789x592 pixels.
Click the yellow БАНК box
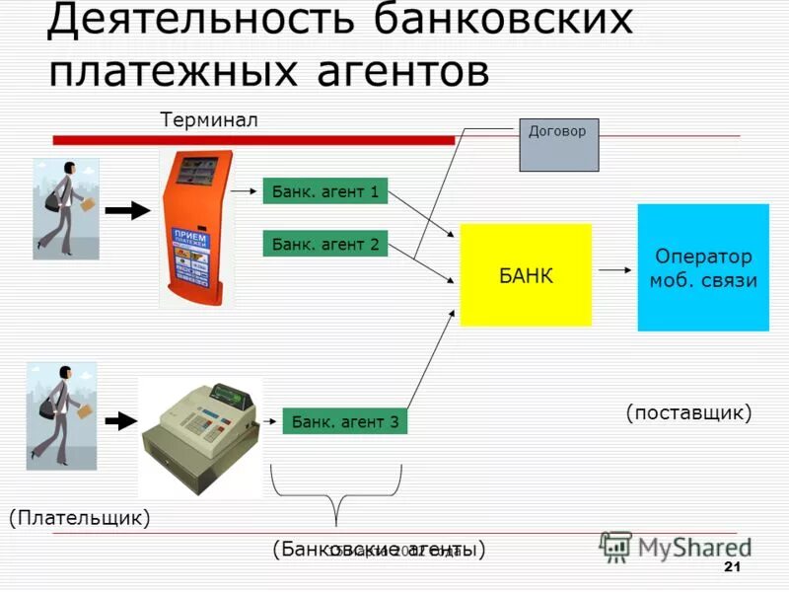pos(526,274)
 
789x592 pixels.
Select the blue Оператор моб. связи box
pos(702,267)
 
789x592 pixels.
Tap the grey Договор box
pos(558,144)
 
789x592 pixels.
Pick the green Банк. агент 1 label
pos(325,190)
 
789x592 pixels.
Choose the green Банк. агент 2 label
pos(325,243)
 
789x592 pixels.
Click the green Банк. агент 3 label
pos(344,422)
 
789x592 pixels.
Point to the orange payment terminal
pos(197,229)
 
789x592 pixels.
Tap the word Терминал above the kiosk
pos(208,119)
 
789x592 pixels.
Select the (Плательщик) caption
pos(80,516)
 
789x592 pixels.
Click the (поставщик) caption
pos(688,412)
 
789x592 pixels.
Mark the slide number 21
pos(732,566)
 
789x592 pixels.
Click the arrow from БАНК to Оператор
pos(613,268)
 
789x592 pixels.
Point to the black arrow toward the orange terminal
pos(126,210)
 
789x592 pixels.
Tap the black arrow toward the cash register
pos(119,421)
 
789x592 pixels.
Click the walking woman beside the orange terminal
pos(66,208)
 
